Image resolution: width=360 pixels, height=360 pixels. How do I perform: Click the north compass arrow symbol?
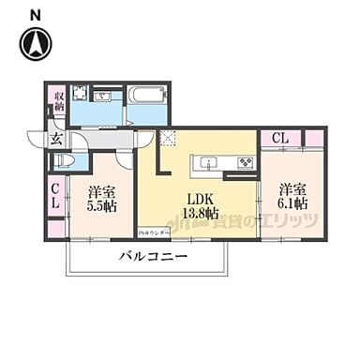click(x=37, y=41)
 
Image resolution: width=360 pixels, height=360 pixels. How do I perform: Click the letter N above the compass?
click(x=35, y=12)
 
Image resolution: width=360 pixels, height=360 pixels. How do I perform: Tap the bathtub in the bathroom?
click(x=147, y=96)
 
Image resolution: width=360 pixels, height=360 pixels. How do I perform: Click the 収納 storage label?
click(x=57, y=99)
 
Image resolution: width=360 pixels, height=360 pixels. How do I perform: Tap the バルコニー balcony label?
click(x=153, y=256)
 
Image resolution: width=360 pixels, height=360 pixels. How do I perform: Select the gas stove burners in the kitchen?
click(x=244, y=164)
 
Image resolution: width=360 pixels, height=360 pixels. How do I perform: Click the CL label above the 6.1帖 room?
click(x=280, y=138)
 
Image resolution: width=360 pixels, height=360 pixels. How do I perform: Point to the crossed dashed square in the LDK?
click(x=168, y=139)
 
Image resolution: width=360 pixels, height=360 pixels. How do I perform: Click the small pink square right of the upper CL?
click(x=314, y=138)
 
